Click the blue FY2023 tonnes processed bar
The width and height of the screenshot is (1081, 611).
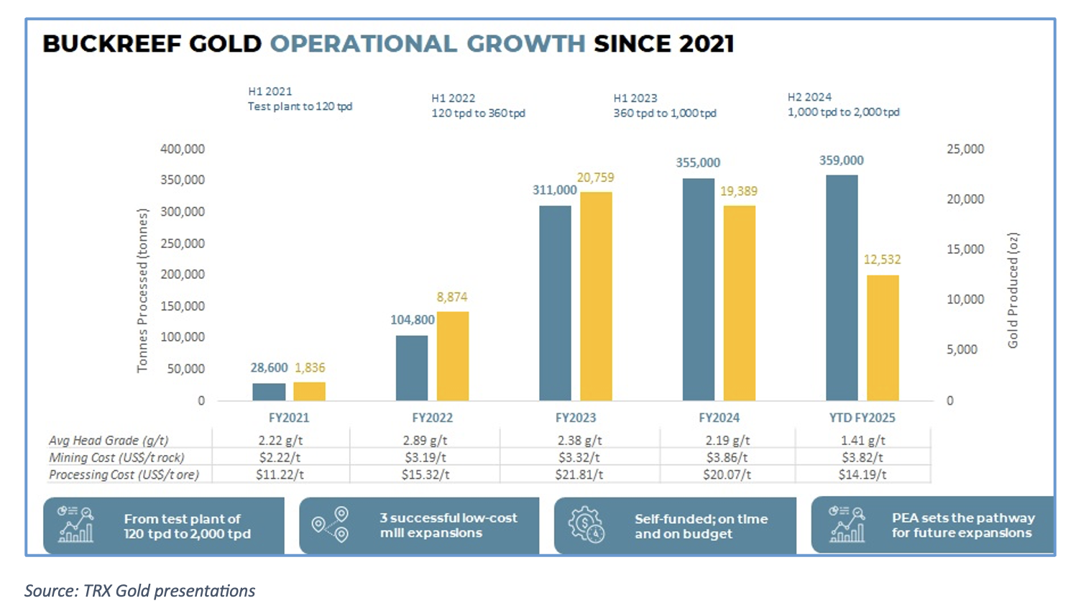point(555,303)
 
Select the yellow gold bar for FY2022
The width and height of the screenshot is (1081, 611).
point(453,356)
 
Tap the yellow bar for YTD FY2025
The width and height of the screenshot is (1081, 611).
point(883,337)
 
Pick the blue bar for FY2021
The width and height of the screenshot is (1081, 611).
point(269,392)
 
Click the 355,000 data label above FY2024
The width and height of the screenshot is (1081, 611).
point(697,163)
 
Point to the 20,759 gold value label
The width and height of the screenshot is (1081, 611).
point(595,178)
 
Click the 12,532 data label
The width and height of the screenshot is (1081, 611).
point(882,259)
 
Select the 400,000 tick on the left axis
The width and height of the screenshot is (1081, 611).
point(183,149)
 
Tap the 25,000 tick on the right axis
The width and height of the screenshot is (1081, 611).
point(965,149)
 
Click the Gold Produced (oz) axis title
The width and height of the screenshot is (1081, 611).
point(1013,290)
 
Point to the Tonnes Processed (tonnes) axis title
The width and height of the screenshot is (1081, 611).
point(142,290)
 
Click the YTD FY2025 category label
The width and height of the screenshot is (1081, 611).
point(862,418)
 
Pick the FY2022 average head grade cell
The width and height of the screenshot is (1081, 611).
point(425,441)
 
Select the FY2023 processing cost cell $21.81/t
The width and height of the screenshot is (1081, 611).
point(579,474)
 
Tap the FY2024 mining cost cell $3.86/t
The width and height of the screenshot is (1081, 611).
point(727,457)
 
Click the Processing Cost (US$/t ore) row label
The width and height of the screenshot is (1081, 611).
point(124,474)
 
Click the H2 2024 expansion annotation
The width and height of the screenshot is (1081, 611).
point(843,105)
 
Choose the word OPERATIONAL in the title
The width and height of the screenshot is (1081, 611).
point(363,44)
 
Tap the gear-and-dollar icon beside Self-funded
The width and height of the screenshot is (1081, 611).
point(586,525)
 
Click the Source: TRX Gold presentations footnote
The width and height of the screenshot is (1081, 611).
point(140,591)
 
